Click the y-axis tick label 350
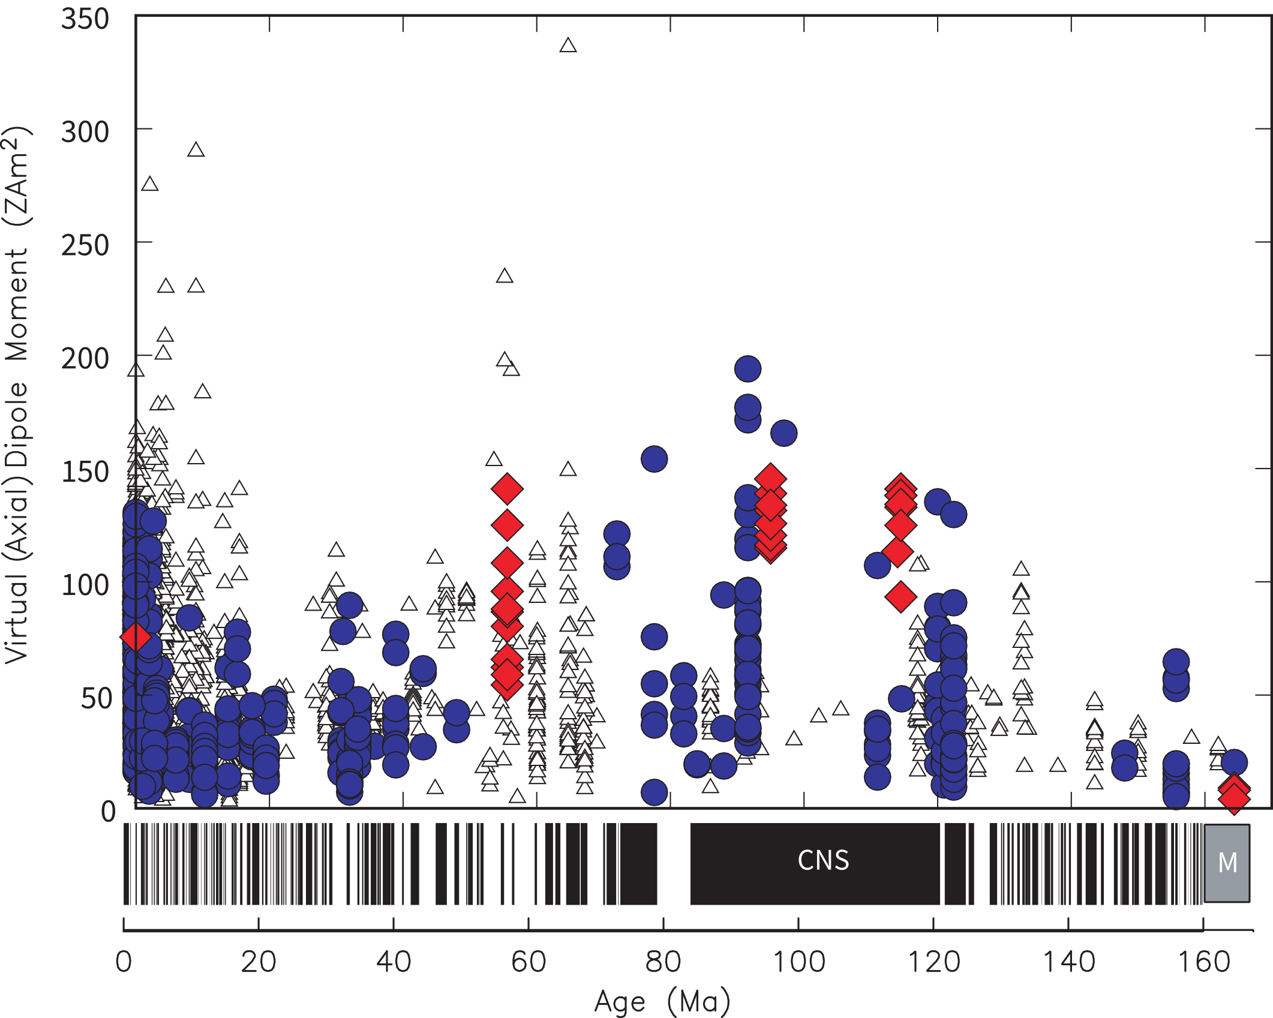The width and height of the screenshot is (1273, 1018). pyautogui.click(x=85, y=19)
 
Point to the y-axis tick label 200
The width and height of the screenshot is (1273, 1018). pyautogui.click(x=85, y=359)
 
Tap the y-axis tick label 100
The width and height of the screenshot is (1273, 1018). pyautogui.click(x=85, y=585)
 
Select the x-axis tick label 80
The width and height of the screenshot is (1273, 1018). pyautogui.click(x=663, y=962)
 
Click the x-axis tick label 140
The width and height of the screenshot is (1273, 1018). pyautogui.click(x=1068, y=962)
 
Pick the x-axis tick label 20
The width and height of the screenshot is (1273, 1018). pyautogui.click(x=258, y=962)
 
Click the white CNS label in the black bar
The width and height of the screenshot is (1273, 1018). pyautogui.click(x=823, y=860)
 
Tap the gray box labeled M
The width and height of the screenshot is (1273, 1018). pyautogui.click(x=1227, y=863)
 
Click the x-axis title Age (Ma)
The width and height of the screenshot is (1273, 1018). pyautogui.click(x=662, y=1001)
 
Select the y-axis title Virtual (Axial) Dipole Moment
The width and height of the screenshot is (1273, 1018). pyautogui.click(x=18, y=396)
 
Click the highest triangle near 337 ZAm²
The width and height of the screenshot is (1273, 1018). pyautogui.click(x=568, y=46)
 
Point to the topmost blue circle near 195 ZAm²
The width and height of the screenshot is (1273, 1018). pyautogui.click(x=747, y=368)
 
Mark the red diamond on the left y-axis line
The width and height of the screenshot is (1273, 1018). pyautogui.click(x=136, y=636)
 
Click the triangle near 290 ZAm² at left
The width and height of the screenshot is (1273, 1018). pyautogui.click(x=196, y=150)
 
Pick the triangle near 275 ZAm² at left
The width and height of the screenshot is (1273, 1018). pyautogui.click(x=150, y=184)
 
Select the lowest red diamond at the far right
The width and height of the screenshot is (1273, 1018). pyautogui.click(x=1234, y=798)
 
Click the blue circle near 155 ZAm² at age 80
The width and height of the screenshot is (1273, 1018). pyautogui.click(x=654, y=459)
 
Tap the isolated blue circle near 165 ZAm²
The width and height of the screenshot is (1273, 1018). pyautogui.click(x=783, y=433)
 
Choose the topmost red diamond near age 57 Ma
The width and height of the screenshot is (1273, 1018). pyautogui.click(x=507, y=489)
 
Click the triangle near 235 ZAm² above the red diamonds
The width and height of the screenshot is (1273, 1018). pyautogui.click(x=505, y=276)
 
